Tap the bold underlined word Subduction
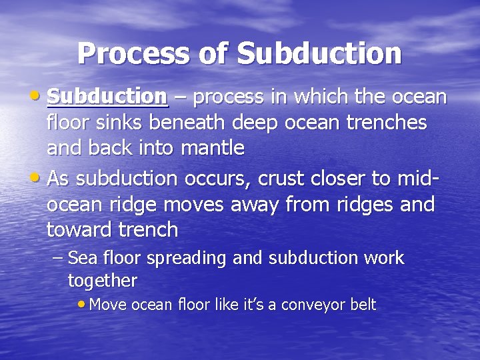[x=107, y=97]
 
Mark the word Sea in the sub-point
[x=83, y=258]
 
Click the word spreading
[x=188, y=258]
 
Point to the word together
[x=102, y=281]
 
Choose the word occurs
[x=217, y=178]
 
